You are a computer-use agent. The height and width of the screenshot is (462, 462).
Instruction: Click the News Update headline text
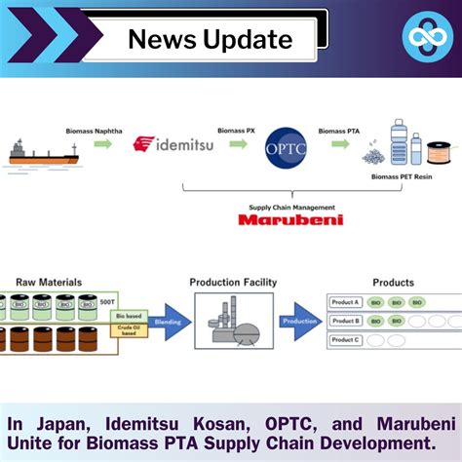point(210,39)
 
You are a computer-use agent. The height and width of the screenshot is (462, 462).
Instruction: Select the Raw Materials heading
point(48,283)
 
